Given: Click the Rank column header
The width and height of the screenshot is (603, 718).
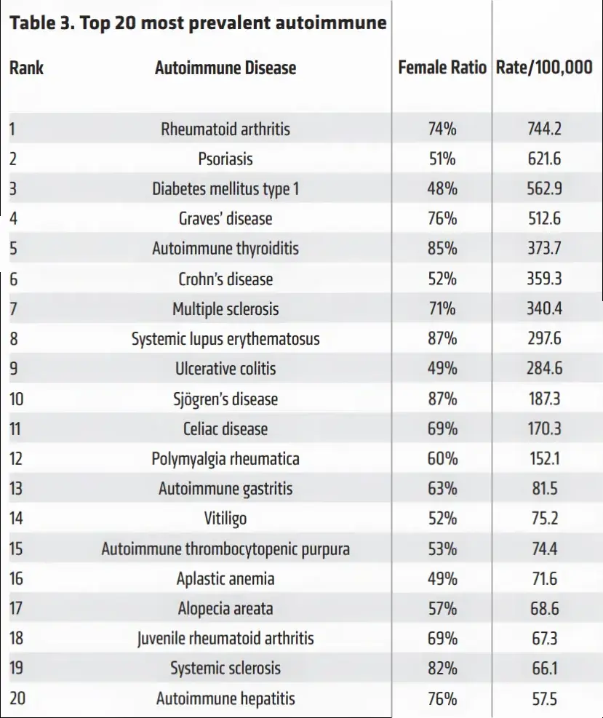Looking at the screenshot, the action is point(26,68).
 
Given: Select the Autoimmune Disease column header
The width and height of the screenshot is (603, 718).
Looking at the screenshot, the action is point(225,68).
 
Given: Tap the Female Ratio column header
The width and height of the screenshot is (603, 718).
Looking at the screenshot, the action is point(442,68).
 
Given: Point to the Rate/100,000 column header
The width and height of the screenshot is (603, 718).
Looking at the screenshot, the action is point(544,68).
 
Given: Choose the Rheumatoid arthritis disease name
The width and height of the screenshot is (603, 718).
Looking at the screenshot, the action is point(225,129).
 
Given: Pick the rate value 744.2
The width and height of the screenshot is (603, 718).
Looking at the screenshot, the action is point(544,129).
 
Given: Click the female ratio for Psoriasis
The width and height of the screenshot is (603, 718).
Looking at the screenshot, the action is point(442,159).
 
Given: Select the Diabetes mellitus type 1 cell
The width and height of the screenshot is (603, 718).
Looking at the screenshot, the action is point(225,189).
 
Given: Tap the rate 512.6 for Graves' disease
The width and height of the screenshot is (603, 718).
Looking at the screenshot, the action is point(544,218).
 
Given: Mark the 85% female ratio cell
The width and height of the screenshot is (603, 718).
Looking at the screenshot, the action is point(442,248).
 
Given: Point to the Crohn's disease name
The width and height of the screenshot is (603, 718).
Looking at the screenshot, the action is point(225,279).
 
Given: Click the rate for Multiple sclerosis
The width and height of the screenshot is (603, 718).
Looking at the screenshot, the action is point(544,308).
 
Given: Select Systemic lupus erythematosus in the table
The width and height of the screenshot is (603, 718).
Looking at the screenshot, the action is point(225,339).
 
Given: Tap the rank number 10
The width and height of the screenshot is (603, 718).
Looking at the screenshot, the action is point(16,399).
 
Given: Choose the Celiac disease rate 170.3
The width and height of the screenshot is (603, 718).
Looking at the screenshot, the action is point(544,428).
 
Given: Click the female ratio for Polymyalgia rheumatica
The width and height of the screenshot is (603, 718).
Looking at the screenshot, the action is point(442,458).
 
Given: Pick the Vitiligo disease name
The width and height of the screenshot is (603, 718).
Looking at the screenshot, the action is point(225,519).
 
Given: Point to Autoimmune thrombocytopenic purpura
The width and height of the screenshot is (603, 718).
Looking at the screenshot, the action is point(225,549).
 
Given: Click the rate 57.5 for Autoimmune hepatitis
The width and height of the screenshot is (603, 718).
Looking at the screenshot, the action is point(544,699).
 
